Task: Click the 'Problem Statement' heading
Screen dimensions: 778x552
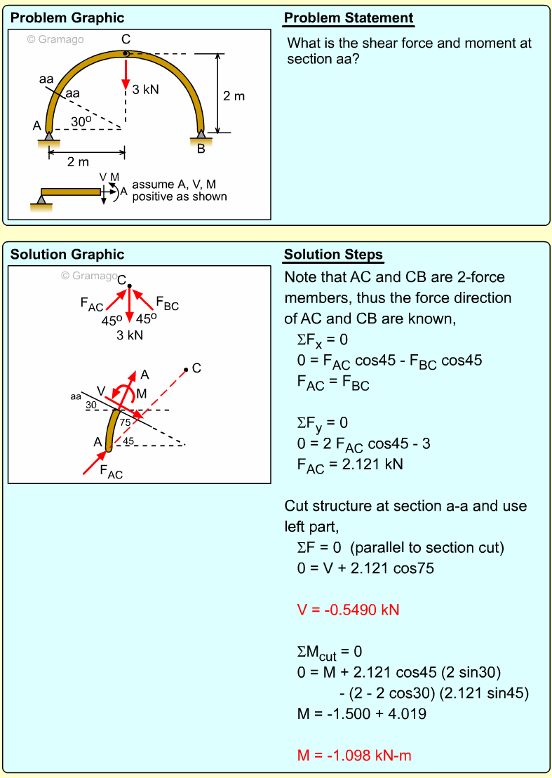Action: pyautogui.click(x=349, y=18)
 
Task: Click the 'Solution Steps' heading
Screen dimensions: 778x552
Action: pyautogui.click(x=333, y=255)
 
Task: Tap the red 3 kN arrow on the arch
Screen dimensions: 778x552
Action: pyautogui.click(x=126, y=72)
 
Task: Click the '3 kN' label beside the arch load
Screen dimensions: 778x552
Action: pyautogui.click(x=145, y=89)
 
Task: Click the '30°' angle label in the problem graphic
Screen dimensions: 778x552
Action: pyautogui.click(x=81, y=121)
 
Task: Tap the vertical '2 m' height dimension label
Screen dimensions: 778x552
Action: pyautogui.click(x=234, y=96)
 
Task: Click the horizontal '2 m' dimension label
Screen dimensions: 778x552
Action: pyautogui.click(x=78, y=162)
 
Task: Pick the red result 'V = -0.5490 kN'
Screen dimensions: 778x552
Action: pyautogui.click(x=348, y=610)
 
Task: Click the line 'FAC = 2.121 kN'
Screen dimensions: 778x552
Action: pyautogui.click(x=349, y=464)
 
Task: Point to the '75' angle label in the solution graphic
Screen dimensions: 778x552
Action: pyautogui.click(x=125, y=422)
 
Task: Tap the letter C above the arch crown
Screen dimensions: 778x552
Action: pyautogui.click(x=126, y=39)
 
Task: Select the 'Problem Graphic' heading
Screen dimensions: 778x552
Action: pyautogui.click(x=67, y=18)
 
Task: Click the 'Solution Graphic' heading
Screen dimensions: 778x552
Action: pyautogui.click(x=67, y=255)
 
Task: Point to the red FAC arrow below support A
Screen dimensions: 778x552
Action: pyautogui.click(x=94, y=463)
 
